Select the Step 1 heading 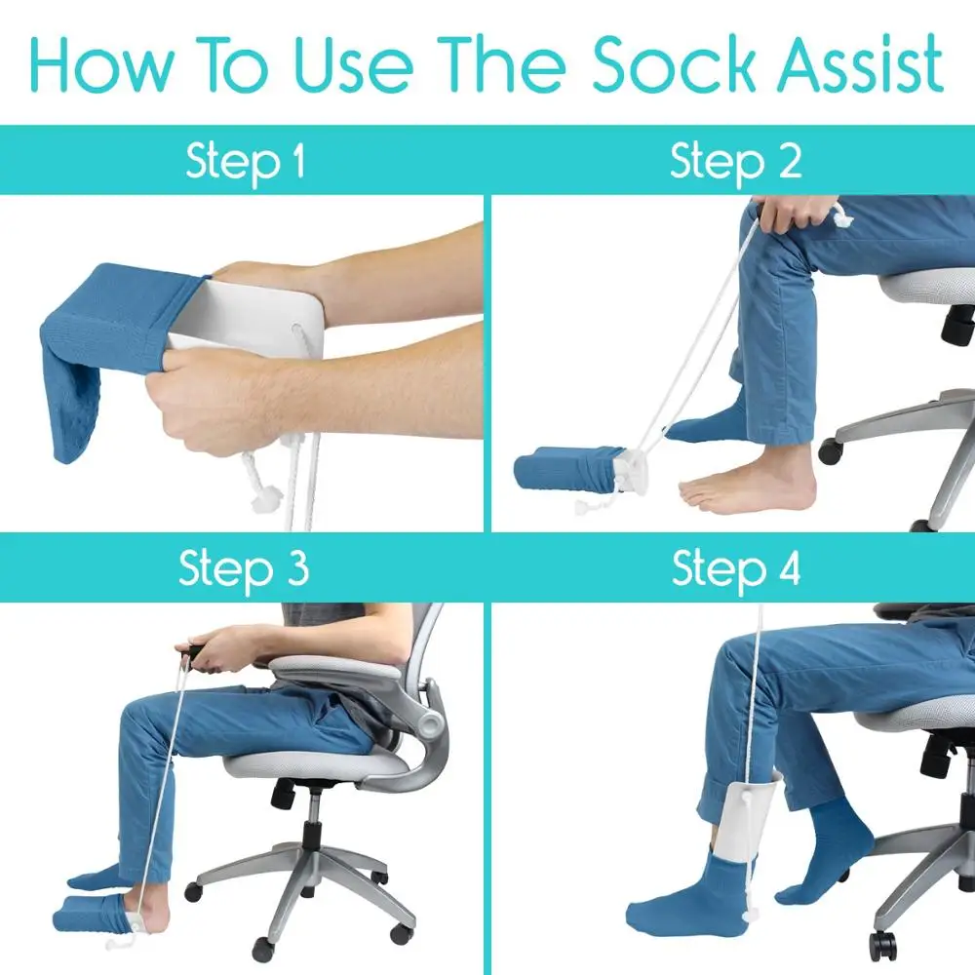(245, 161)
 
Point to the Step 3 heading (243, 568)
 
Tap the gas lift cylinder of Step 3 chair (313, 830)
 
